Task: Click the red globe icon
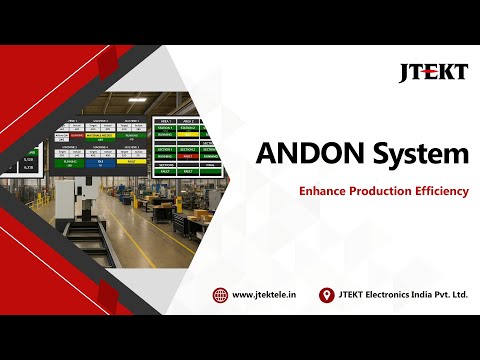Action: (x=220, y=295)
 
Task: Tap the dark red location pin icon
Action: (x=325, y=295)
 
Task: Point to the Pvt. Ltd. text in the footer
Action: (x=458, y=295)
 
